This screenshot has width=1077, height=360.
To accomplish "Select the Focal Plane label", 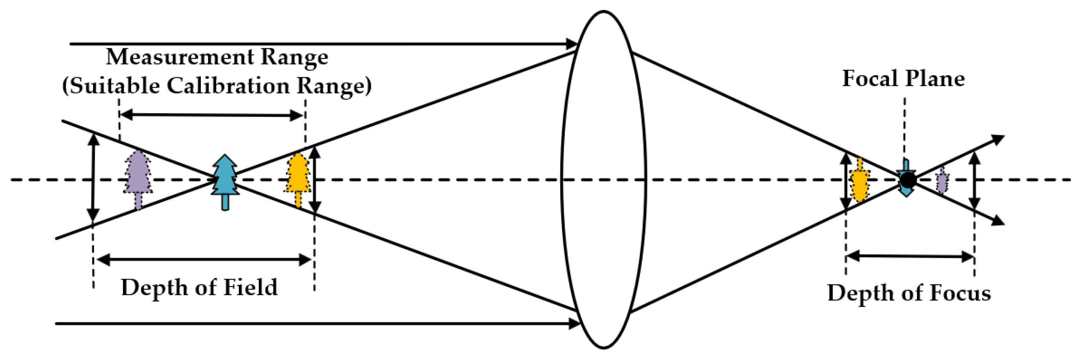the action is point(903,79).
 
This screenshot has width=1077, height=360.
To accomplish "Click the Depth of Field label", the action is point(199,288).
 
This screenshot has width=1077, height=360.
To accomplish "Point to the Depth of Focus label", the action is point(909,293).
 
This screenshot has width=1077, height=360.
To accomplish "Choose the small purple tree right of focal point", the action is point(941,181).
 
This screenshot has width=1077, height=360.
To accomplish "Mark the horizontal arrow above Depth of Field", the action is point(203,259).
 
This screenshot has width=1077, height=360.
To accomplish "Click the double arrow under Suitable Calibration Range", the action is point(212,115).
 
